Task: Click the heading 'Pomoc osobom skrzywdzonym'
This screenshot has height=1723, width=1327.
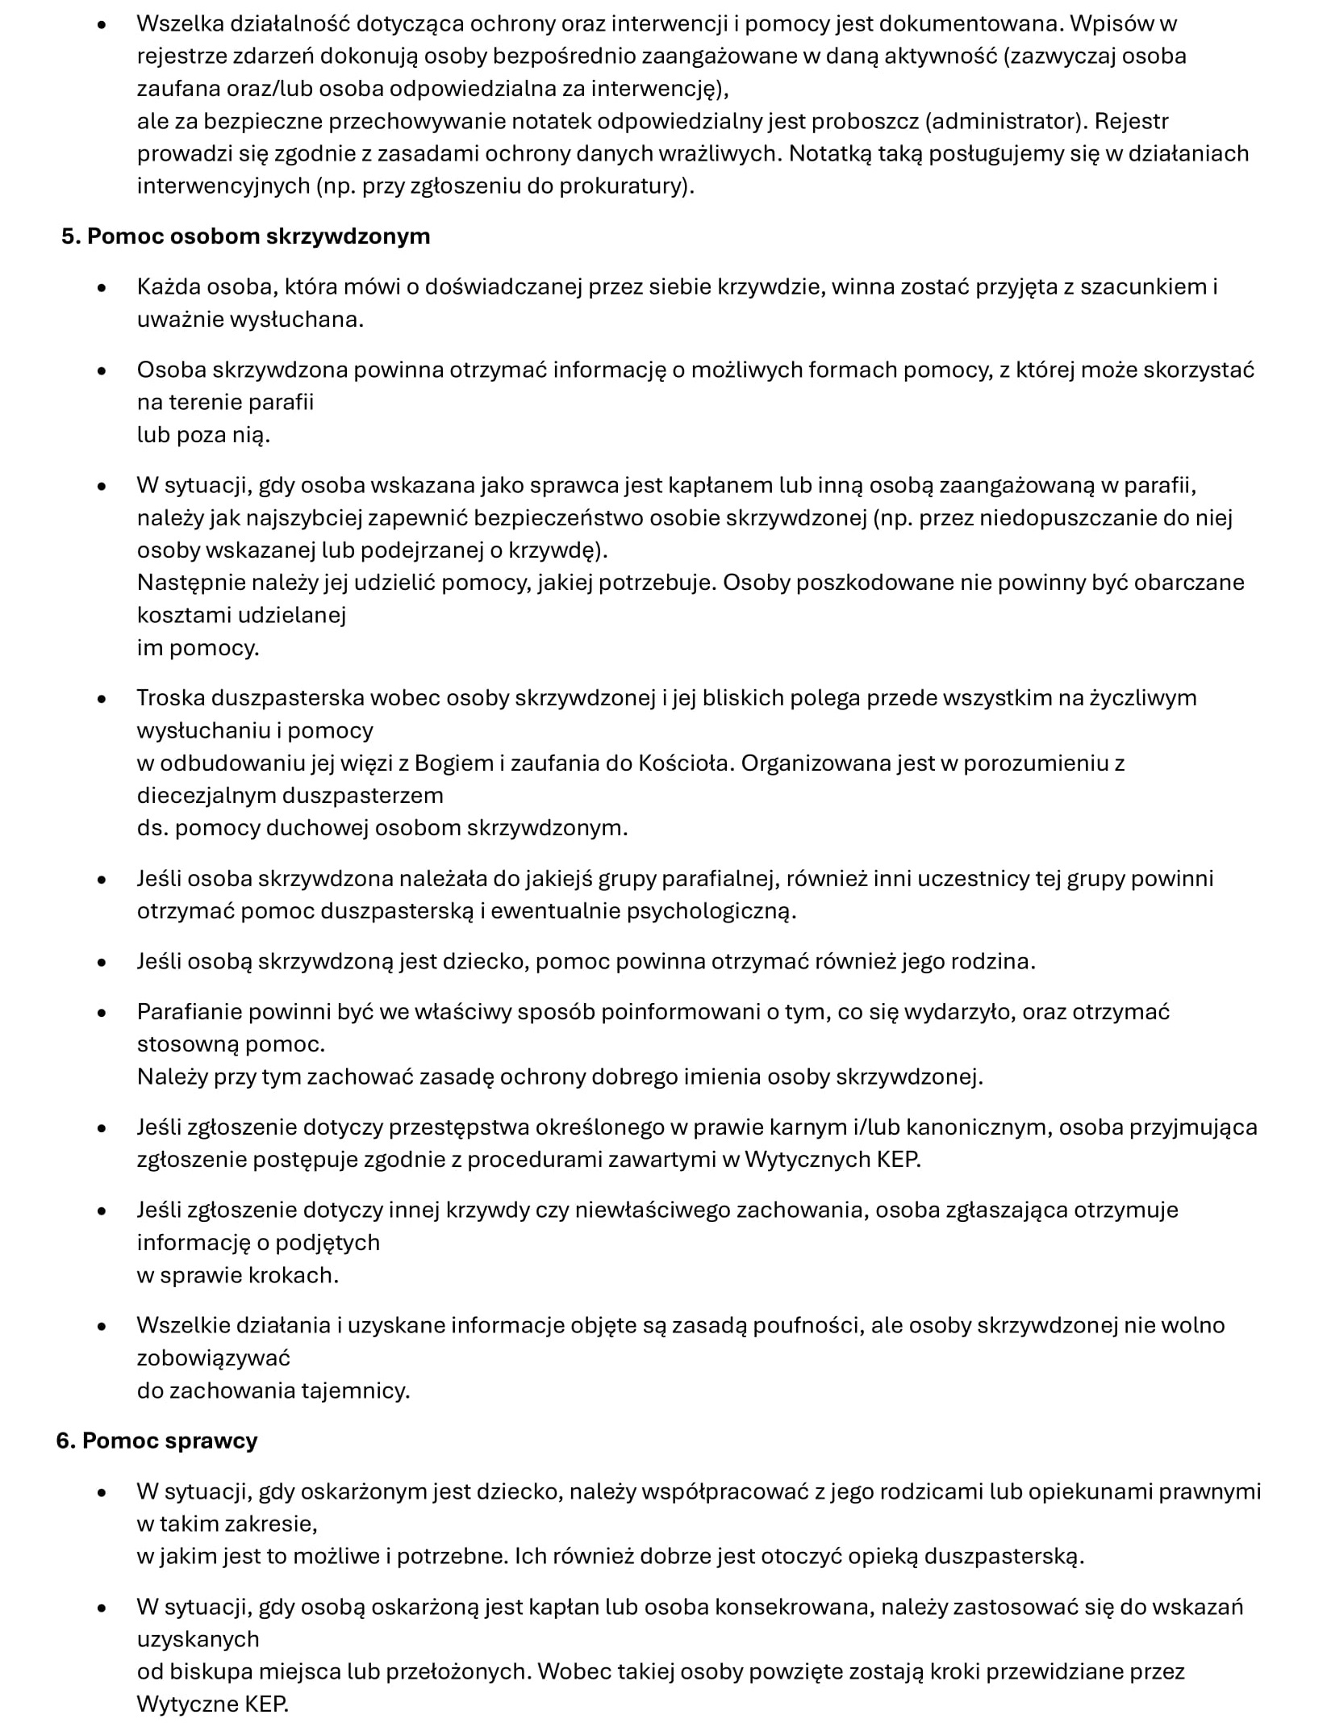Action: (x=258, y=236)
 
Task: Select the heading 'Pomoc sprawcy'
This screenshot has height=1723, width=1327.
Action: (x=169, y=1441)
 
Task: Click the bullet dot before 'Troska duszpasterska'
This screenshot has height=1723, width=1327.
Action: (x=102, y=699)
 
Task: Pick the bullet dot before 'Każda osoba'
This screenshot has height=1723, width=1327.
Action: (x=102, y=287)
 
